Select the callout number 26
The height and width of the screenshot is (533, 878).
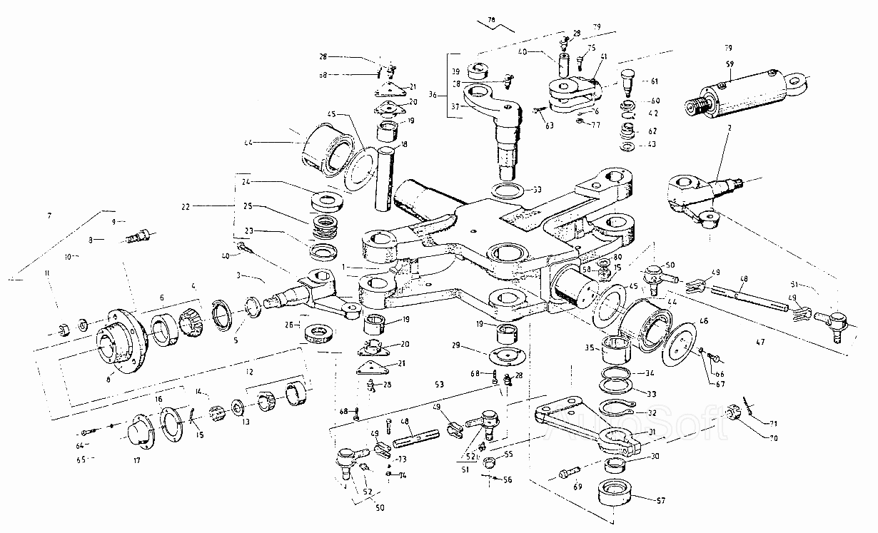pyautogui.click(x=290, y=325)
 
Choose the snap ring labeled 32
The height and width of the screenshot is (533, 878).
pyautogui.click(x=615, y=408)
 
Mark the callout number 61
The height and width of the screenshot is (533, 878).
pyautogui.click(x=655, y=81)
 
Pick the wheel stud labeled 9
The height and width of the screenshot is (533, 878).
pyautogui.click(x=136, y=237)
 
